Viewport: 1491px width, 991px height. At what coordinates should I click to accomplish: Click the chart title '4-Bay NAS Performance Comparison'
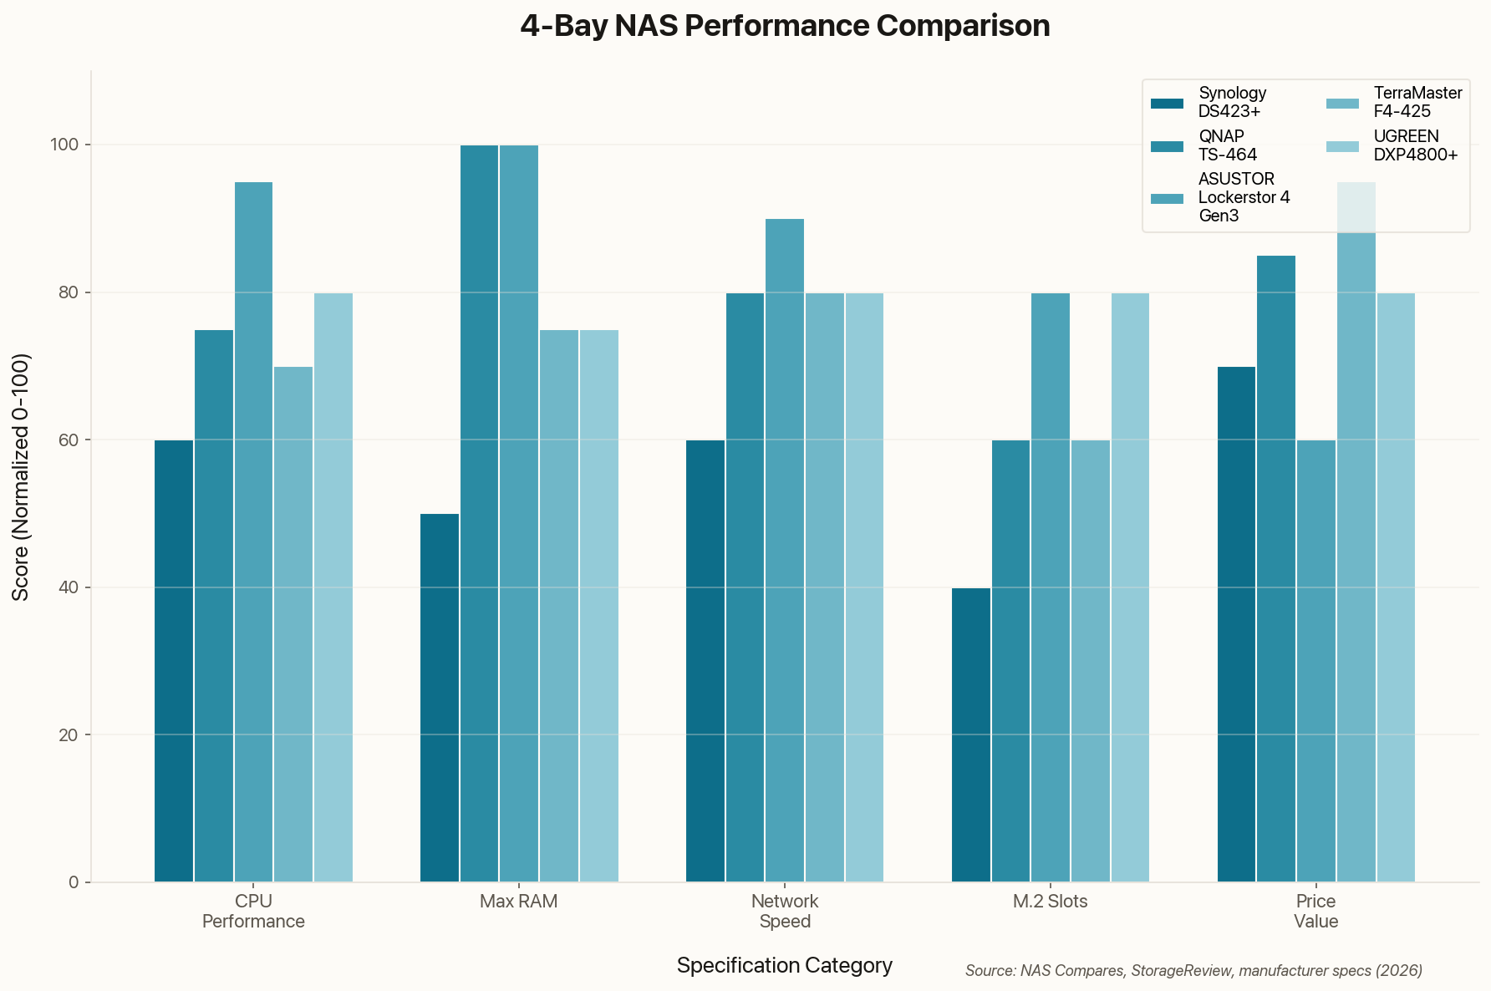coord(785,26)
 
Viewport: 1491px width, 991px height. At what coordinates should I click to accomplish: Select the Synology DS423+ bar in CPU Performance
coord(174,660)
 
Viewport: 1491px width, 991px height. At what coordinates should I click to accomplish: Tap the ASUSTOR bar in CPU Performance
coord(253,531)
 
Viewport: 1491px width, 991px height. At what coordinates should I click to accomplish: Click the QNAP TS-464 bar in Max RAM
coord(479,513)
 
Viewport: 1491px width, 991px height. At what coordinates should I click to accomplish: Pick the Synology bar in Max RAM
coord(440,697)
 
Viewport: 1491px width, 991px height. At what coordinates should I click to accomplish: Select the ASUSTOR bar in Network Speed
coord(785,550)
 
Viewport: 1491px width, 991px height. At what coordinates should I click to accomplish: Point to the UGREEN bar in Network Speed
coord(864,587)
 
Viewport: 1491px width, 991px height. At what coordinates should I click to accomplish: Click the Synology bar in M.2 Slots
coord(971,734)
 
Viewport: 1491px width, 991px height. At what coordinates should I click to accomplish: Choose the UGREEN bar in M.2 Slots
coord(1130,587)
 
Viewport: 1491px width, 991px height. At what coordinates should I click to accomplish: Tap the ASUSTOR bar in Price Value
coord(1316,660)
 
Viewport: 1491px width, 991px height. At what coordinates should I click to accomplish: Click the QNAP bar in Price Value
coord(1276,568)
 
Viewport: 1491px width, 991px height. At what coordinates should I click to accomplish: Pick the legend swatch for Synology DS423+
coord(1168,103)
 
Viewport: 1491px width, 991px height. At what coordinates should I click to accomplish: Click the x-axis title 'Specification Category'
coord(785,965)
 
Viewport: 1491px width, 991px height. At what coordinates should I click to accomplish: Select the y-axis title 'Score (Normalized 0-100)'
coord(22,476)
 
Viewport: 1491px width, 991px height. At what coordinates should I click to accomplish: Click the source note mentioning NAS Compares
coord(1193,970)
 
